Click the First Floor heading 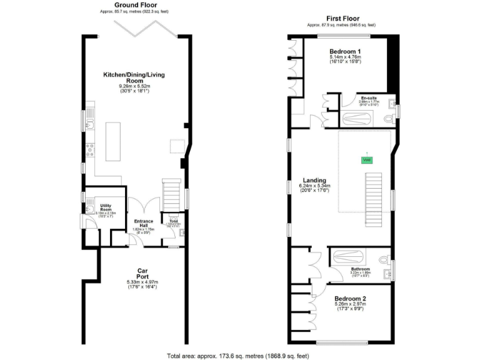pos(341,19)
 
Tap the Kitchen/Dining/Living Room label pos(136,78)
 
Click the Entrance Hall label pos(144,224)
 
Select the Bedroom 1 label pos(346,51)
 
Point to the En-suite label pos(369,98)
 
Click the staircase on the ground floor pos(171,194)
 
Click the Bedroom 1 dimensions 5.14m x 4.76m pos(346,57)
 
